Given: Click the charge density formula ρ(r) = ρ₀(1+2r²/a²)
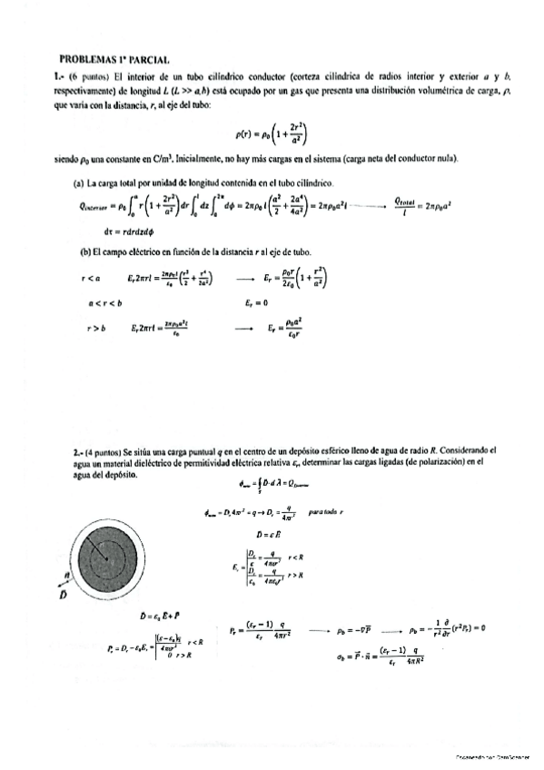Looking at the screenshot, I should pos(272,135).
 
